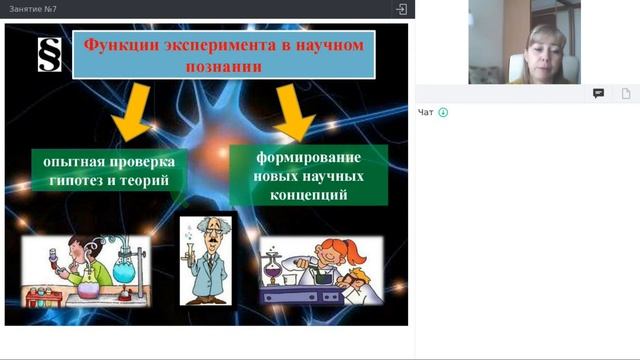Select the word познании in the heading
(224, 68)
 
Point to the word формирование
(295, 157)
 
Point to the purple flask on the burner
(270, 268)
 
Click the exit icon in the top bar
(401, 9)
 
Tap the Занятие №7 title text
(32, 9)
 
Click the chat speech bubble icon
(598, 93)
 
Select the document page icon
(626, 93)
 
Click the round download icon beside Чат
(443, 112)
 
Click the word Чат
(426, 112)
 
